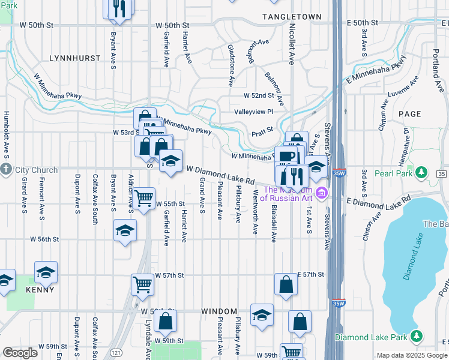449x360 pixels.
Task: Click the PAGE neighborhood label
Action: pos(409,113)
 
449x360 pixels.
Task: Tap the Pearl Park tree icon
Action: pos(422,173)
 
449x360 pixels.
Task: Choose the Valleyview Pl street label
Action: pos(253,112)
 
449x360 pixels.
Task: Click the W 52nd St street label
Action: pos(258,95)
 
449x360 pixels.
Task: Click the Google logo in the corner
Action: pos(20,353)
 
